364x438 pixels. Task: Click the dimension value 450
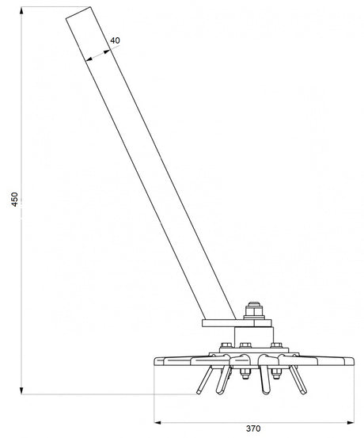click(x=14, y=199)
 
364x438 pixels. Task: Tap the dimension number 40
click(x=115, y=40)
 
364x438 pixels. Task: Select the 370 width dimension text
click(x=253, y=428)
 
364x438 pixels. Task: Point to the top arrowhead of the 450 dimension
click(x=21, y=11)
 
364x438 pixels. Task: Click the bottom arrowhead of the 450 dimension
click(x=21, y=390)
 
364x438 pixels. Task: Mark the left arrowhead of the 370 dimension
click(x=158, y=422)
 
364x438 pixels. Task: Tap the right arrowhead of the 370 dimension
click(x=350, y=422)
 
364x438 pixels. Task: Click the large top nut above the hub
click(x=254, y=311)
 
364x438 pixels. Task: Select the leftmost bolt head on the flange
click(x=226, y=345)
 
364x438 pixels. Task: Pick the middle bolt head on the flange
click(x=245, y=345)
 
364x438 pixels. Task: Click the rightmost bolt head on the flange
click(x=276, y=345)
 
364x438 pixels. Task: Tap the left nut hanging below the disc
click(x=245, y=374)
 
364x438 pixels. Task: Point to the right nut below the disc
click(x=276, y=374)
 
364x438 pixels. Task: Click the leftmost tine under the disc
click(x=205, y=380)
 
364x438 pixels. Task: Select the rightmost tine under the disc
click(x=298, y=380)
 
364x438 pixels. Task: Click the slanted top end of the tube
click(x=78, y=13)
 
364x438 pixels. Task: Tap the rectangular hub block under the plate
click(x=254, y=337)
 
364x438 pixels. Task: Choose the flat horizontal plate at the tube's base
click(x=237, y=323)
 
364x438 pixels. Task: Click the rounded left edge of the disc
click(x=157, y=361)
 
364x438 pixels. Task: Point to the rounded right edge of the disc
click(x=351, y=361)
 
